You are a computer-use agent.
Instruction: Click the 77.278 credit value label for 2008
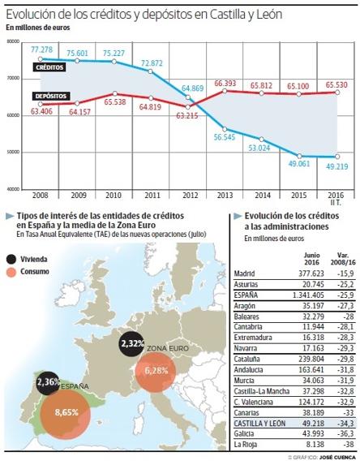point(41,50)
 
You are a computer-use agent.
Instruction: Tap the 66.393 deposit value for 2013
point(225,83)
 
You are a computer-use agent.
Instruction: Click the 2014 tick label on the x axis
point(260,196)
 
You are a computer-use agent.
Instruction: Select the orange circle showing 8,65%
point(66,412)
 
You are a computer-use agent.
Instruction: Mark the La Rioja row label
point(246,445)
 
